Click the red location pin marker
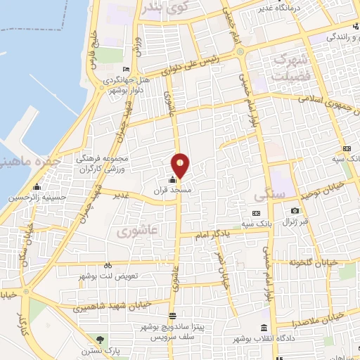pyautogui.click(x=181, y=165)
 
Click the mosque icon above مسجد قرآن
pyautogui.click(x=173, y=179)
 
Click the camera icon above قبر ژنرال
pyautogui.click(x=295, y=210)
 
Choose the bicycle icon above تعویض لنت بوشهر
pyautogui.click(x=107, y=265)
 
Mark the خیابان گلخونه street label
pyautogui.click(x=314, y=262)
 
